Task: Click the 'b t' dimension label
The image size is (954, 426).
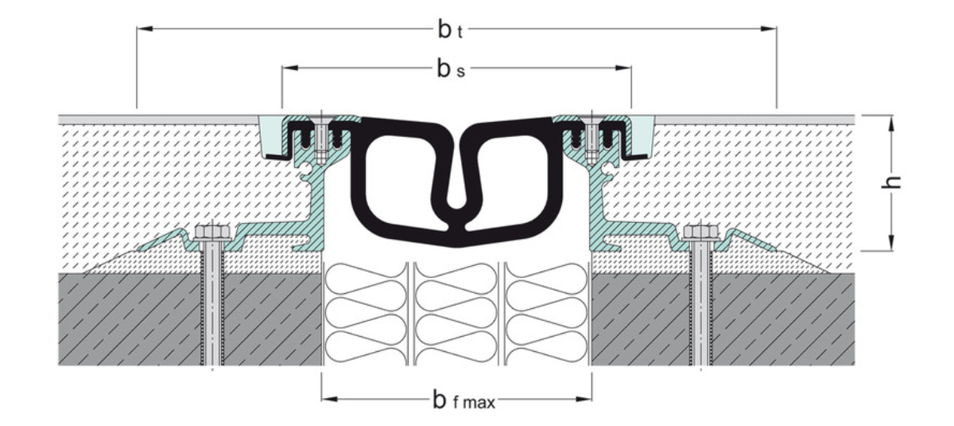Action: [x=450, y=29]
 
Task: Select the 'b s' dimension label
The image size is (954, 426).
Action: [x=451, y=68]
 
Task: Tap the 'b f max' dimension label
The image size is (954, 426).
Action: [x=463, y=400]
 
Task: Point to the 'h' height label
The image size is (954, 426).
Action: [x=891, y=182]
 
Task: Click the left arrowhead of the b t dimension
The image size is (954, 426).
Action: [x=145, y=29]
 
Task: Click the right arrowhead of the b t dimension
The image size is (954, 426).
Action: [x=768, y=29]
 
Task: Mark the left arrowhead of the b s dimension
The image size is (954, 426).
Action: [x=289, y=68]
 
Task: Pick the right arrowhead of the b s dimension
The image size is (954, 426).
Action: [x=623, y=68]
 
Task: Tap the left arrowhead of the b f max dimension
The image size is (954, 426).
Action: [x=330, y=399]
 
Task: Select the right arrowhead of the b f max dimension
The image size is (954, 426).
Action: [x=584, y=399]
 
